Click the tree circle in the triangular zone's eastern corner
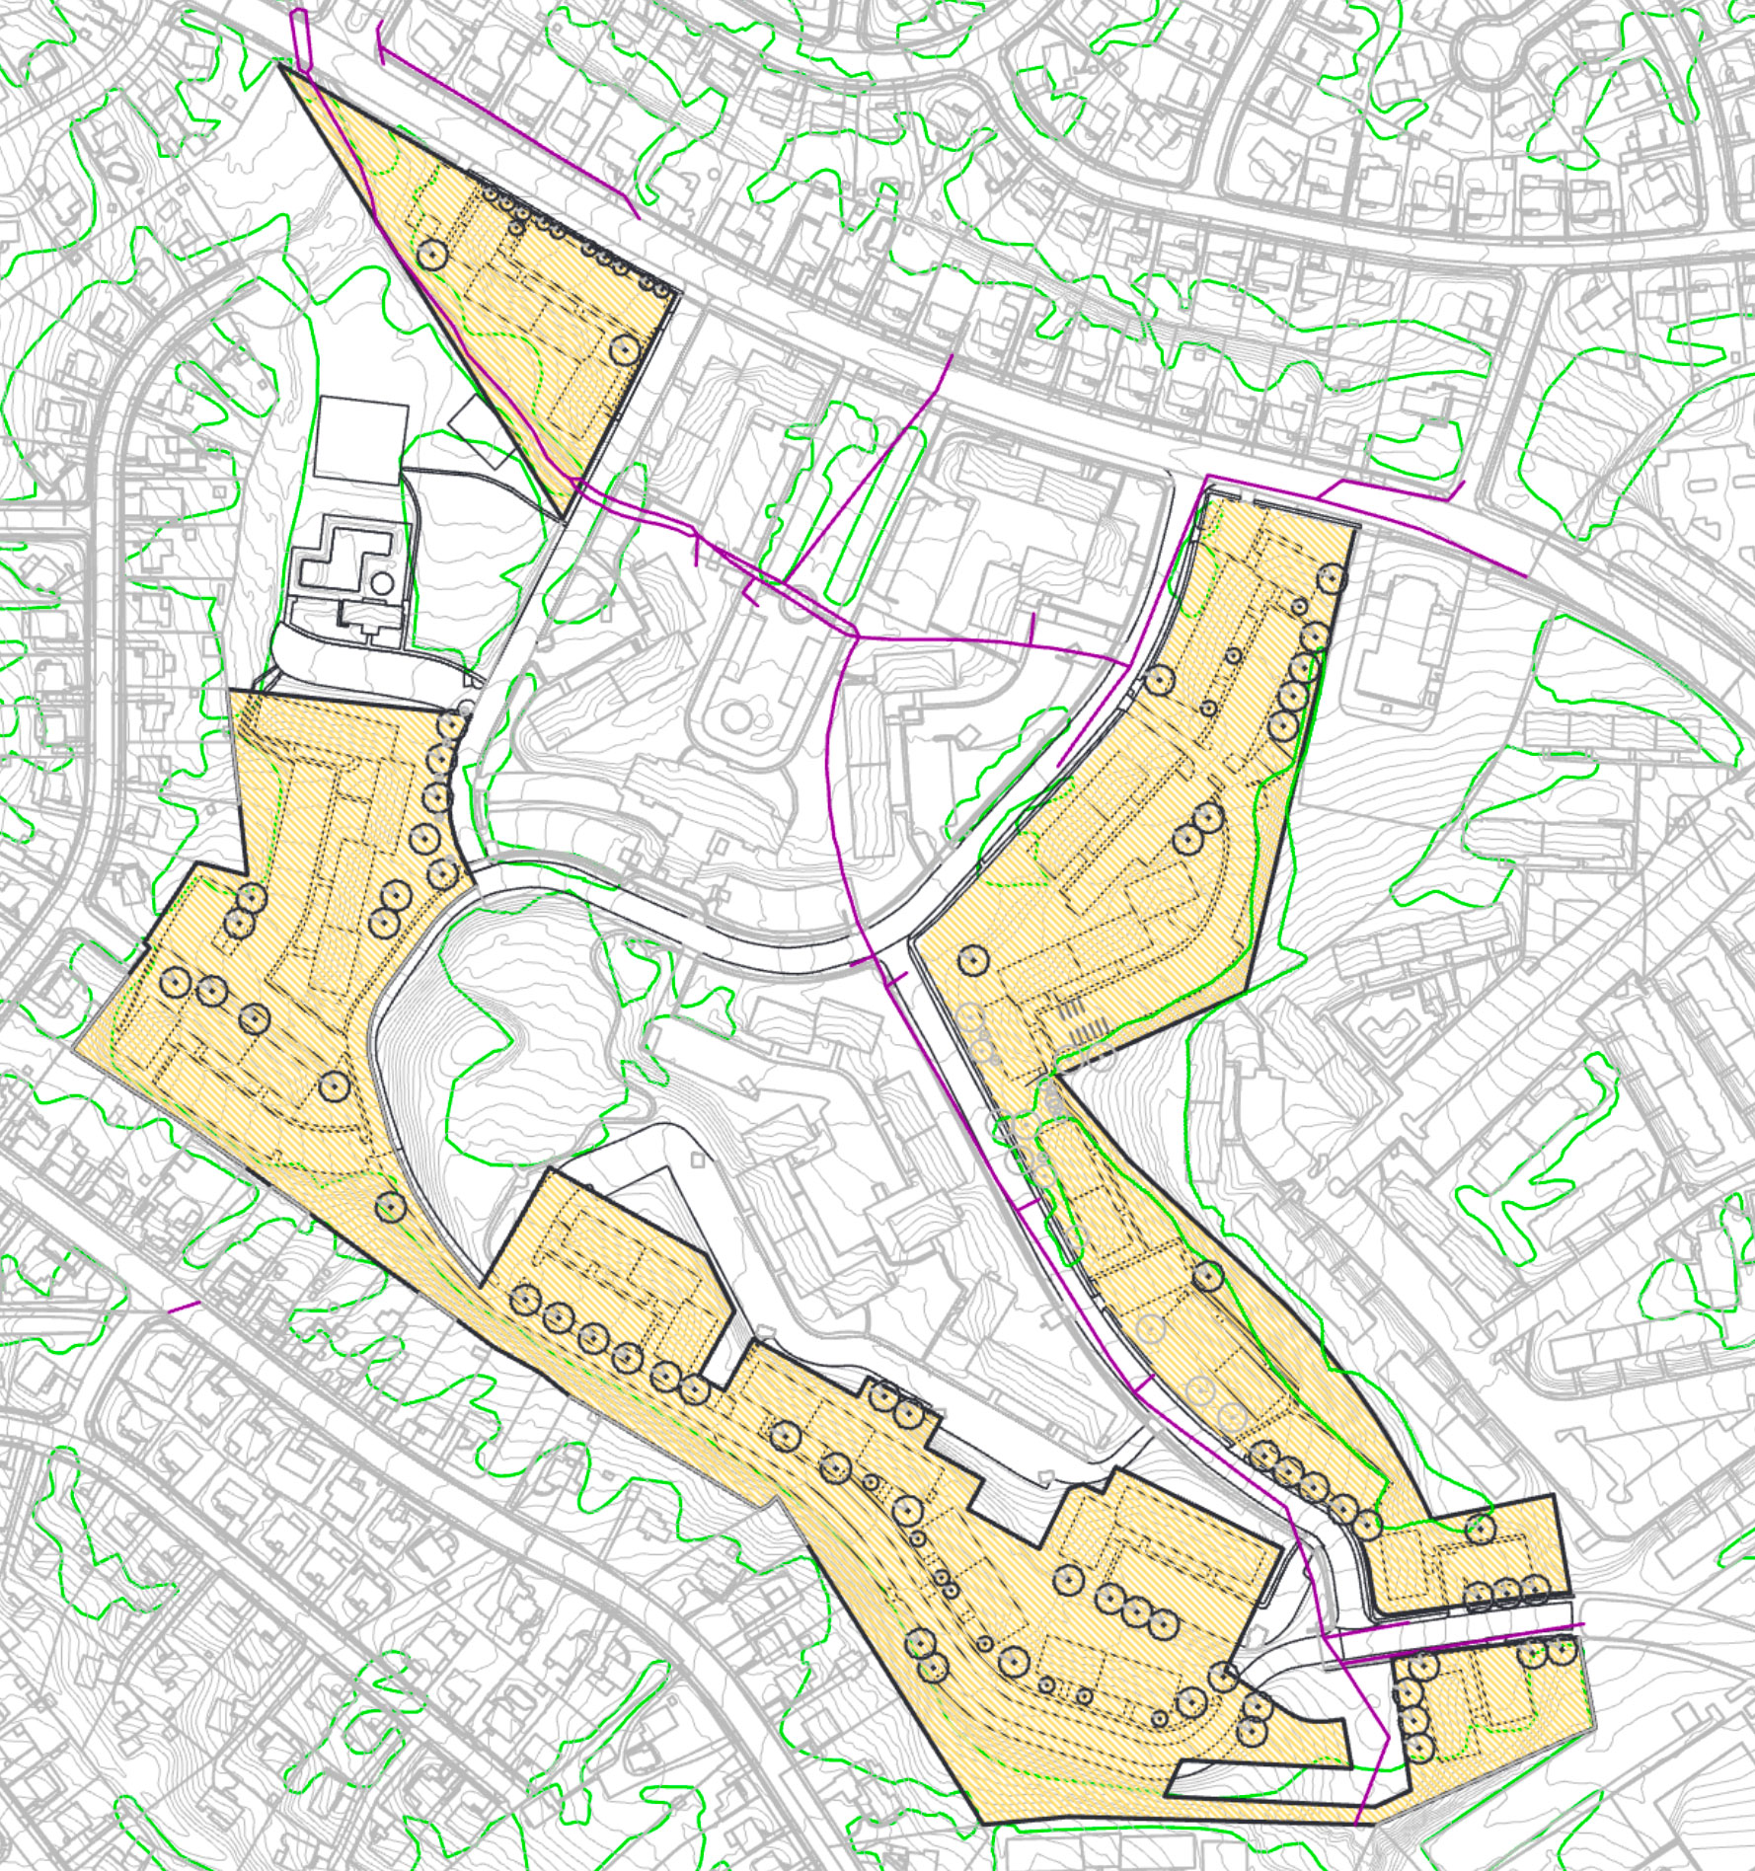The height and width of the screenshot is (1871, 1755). click(x=625, y=347)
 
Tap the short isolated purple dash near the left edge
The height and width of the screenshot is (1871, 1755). click(x=185, y=1308)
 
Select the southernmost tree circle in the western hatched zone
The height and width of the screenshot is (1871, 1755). click(x=391, y=1206)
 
